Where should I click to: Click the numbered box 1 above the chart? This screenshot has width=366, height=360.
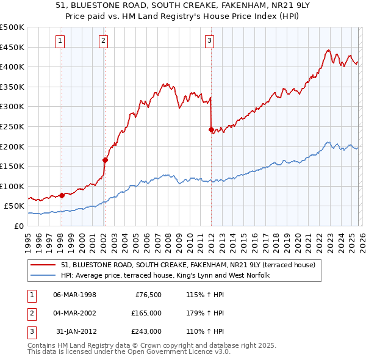tap(61, 41)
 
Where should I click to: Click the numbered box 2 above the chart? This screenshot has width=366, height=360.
tap(104, 41)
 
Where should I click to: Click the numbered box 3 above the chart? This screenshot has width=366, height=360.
tap(209, 41)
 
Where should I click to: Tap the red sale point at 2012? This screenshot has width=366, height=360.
tap(211, 129)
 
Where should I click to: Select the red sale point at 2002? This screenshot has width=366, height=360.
tap(105, 160)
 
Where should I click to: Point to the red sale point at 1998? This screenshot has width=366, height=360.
tap(62, 195)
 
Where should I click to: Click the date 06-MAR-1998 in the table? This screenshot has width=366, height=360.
tap(74, 295)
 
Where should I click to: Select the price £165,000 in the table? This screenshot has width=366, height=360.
tap(146, 313)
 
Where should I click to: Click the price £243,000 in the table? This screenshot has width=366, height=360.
tap(146, 331)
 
